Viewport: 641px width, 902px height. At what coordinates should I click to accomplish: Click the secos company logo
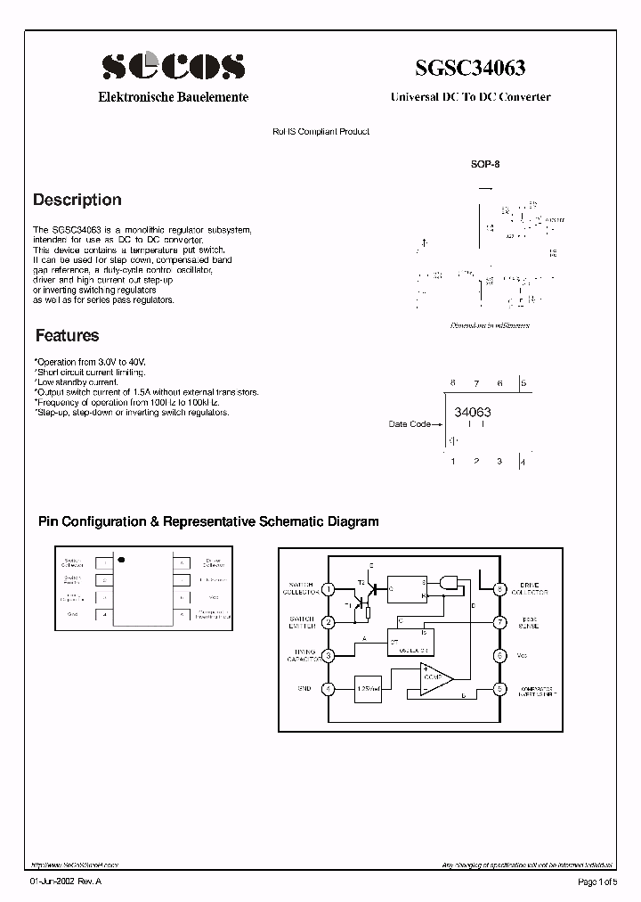click(173, 65)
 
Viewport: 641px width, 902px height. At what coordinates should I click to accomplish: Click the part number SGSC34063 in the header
click(469, 68)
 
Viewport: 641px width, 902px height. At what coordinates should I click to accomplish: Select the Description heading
click(77, 201)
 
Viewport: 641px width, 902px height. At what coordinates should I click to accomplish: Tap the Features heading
click(67, 336)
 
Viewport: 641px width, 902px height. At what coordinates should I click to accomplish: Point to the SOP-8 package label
click(485, 164)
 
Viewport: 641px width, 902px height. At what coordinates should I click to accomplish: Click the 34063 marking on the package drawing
click(472, 413)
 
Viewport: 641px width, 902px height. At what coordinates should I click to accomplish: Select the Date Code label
click(410, 424)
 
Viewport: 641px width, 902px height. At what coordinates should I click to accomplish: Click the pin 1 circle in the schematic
click(328, 589)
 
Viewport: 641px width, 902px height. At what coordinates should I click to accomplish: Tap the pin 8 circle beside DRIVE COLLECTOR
click(500, 589)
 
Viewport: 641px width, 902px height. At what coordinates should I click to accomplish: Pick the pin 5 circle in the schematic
click(500, 689)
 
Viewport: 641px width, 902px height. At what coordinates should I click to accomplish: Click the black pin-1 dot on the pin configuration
click(122, 560)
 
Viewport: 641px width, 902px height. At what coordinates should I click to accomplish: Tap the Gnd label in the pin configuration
click(73, 614)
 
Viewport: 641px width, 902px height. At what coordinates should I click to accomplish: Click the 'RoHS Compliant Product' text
click(320, 132)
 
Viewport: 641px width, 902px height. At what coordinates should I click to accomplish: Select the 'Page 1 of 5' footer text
click(596, 882)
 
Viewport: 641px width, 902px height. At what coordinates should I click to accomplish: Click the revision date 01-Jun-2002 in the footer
click(53, 882)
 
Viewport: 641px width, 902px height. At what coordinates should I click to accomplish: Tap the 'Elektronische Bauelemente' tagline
click(173, 97)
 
